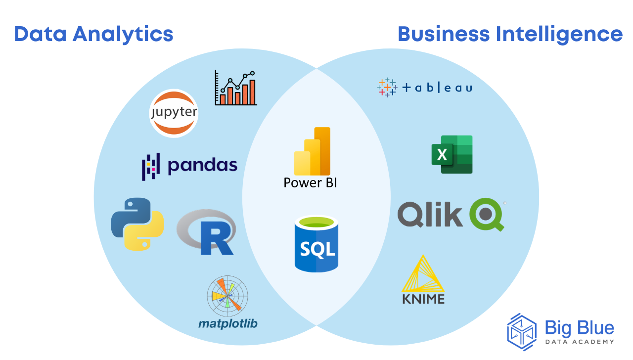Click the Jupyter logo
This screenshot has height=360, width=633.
point(174,113)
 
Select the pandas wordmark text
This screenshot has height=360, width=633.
point(203,165)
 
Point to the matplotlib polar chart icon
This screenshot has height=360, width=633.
point(227,296)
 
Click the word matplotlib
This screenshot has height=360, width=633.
point(227,324)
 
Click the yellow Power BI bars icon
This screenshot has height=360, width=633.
point(313,151)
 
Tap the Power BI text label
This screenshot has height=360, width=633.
point(310,182)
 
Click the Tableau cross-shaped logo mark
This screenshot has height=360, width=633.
point(387,88)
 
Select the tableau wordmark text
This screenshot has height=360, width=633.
point(437,88)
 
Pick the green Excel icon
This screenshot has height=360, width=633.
point(452,154)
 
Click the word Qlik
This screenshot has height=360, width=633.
point(430,214)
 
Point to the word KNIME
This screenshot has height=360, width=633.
point(423,299)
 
